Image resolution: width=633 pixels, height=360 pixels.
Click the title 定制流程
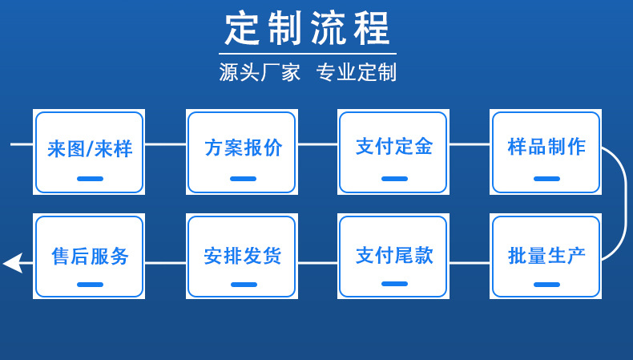coord(307,29)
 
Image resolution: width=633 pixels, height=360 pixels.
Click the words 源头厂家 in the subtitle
coord(260,73)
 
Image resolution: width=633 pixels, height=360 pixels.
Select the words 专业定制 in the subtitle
coord(357,73)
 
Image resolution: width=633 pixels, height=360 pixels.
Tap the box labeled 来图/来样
coord(89,152)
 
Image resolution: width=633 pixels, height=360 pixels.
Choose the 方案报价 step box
coord(242,152)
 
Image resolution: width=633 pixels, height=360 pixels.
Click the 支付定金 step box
coord(393,152)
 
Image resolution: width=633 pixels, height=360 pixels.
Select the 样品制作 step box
coord(546,152)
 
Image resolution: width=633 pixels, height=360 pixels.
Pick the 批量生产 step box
coord(546,257)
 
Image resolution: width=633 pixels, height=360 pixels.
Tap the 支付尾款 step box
coord(393,257)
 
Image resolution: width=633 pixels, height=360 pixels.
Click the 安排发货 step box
coord(242,257)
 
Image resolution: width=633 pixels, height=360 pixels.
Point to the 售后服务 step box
coord(89,257)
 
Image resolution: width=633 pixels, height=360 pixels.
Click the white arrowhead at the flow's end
coord(12,262)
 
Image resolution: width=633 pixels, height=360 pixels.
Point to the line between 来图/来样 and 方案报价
coord(166,144)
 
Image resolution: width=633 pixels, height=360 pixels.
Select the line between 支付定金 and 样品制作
coord(469,144)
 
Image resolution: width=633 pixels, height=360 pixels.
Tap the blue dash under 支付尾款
coord(394,284)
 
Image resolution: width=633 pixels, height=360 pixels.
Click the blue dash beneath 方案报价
coord(243,179)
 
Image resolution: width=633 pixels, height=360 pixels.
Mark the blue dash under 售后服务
coord(90,285)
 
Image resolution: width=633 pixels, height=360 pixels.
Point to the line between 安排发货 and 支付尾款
coord(318,262)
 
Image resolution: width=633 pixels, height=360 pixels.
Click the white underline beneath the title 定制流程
coord(308,54)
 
